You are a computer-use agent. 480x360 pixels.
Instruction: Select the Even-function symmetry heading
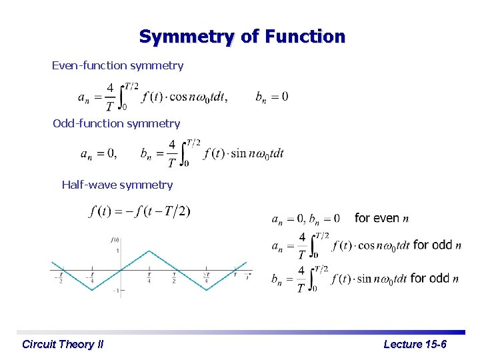(x=117, y=65)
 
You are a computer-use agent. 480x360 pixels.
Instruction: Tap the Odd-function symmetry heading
(x=117, y=123)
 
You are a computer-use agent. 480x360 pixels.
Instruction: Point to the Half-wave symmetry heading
(x=117, y=185)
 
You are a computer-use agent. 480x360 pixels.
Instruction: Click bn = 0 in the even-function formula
(x=272, y=97)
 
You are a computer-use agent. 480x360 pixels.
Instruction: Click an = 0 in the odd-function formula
(x=98, y=154)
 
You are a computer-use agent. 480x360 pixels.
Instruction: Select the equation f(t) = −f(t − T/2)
(x=139, y=211)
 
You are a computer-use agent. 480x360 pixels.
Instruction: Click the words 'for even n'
(x=381, y=218)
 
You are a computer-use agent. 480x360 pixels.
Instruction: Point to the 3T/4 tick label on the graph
(x=207, y=277)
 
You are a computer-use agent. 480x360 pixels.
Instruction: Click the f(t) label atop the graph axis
(x=115, y=239)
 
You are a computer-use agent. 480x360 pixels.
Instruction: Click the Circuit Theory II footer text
(x=63, y=344)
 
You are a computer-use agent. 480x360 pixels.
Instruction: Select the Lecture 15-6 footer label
(x=415, y=344)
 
